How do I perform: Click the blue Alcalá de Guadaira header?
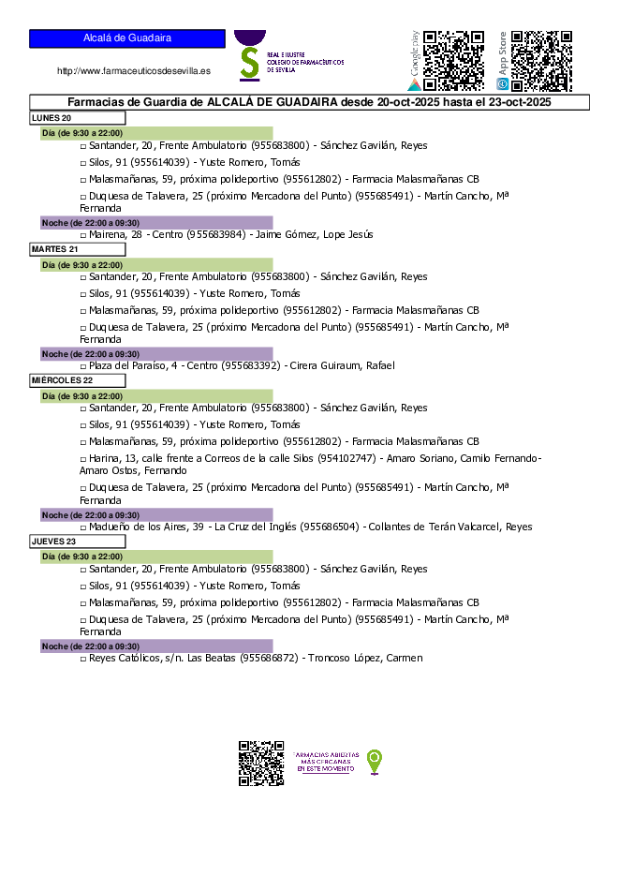(126, 38)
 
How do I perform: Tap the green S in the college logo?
(249, 63)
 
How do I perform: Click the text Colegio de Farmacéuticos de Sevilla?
(304, 62)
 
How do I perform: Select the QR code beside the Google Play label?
(453, 61)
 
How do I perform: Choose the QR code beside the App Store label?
(541, 61)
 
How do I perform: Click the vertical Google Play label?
(415, 52)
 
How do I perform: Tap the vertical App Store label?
(503, 53)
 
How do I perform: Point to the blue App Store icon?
(503, 84)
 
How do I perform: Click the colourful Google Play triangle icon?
(415, 84)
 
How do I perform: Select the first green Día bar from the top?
(156, 133)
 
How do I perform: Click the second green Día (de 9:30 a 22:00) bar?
(156, 265)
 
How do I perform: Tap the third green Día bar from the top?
(156, 396)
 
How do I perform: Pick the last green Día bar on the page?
(156, 557)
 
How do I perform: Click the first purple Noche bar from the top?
(156, 223)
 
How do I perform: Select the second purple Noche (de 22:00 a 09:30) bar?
(156, 354)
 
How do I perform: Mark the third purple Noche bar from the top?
(156, 515)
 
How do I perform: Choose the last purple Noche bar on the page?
(156, 646)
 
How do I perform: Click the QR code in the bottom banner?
(260, 763)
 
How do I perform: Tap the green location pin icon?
(375, 761)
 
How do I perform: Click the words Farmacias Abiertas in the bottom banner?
(326, 754)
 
